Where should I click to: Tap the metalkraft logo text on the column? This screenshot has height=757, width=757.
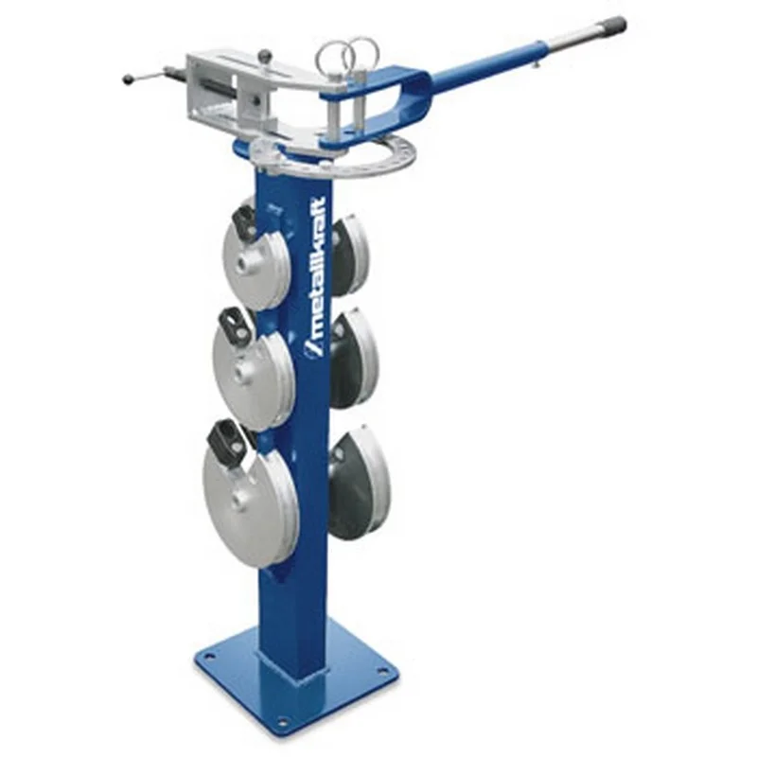pyautogui.click(x=316, y=277)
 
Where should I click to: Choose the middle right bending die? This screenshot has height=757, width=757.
pyautogui.click(x=354, y=361)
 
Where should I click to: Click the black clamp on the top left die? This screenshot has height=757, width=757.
pyautogui.click(x=244, y=223)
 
